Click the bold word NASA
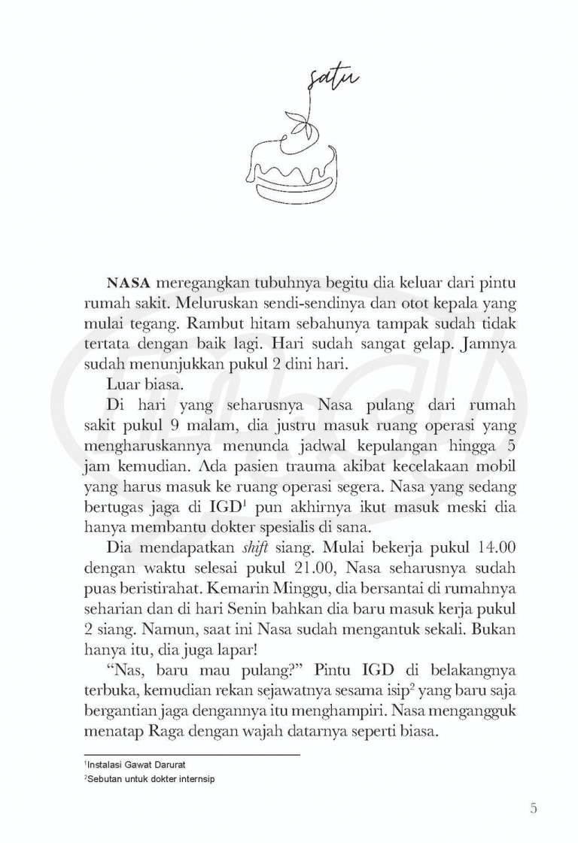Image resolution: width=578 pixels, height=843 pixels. (x=130, y=285)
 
